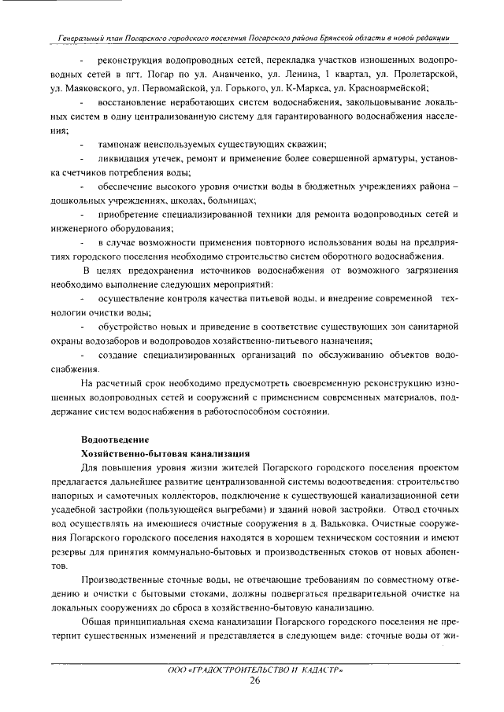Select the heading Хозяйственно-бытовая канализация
[166, 453]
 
